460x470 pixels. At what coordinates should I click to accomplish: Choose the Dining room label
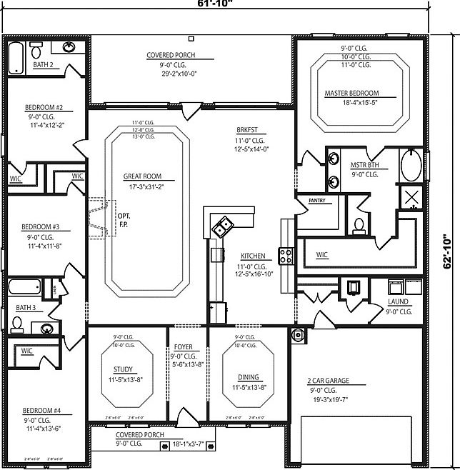[249, 377]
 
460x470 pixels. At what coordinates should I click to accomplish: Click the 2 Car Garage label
[328, 381]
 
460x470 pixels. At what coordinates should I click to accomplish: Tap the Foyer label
[184, 347]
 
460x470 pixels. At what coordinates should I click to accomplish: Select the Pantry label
[316, 201]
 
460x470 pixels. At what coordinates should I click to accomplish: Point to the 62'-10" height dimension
[449, 251]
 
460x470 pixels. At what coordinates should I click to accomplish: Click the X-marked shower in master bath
[412, 198]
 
